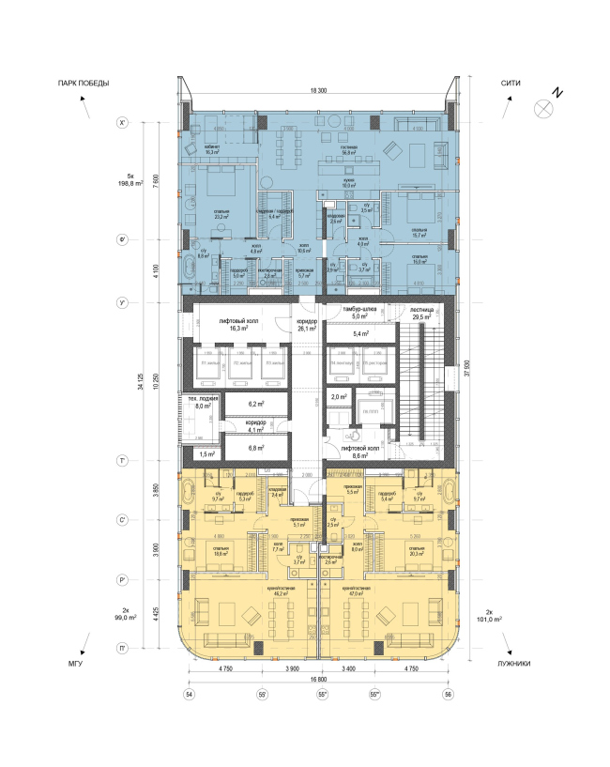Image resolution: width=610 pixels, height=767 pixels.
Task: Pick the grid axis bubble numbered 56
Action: [x=447, y=694]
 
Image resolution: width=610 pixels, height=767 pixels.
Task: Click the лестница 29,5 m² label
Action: [x=419, y=316]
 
